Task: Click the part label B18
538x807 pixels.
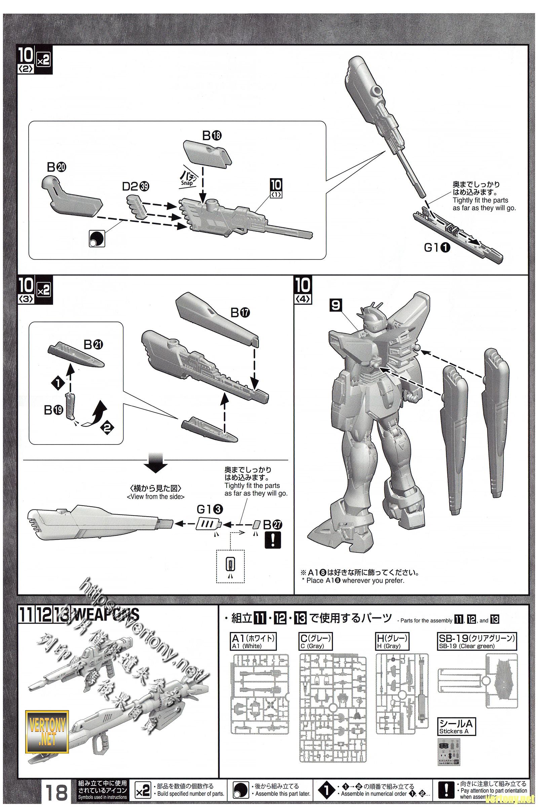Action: click(x=212, y=136)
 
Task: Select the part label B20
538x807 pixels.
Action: click(x=56, y=167)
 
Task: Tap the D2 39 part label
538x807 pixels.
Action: click(x=136, y=186)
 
